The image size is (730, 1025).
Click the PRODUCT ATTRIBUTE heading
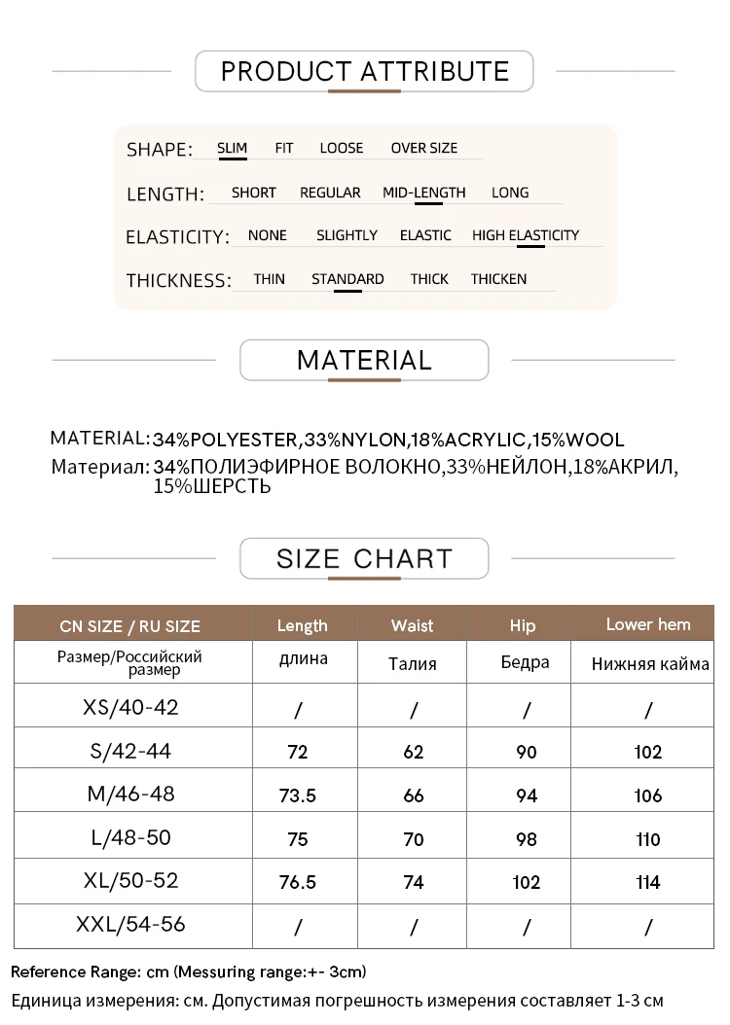365,71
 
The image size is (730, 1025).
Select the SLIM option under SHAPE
232,148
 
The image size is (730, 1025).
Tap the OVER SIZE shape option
423,148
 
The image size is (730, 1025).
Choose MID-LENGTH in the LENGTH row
423,193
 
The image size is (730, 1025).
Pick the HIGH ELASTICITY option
525,235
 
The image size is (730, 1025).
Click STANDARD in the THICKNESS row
347,279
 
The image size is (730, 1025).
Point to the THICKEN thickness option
498,279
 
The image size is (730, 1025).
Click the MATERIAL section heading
364,360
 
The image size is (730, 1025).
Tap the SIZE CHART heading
364,558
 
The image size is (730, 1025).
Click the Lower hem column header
647,624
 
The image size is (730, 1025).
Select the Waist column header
412,625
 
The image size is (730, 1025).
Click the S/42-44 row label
130,750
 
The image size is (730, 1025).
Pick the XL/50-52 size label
130,881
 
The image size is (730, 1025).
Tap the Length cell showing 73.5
298,795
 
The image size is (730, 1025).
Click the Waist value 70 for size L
414,839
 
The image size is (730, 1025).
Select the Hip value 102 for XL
526,883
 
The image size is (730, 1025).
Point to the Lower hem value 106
647,795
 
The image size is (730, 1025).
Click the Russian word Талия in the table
412,664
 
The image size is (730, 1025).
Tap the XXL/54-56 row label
130,924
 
